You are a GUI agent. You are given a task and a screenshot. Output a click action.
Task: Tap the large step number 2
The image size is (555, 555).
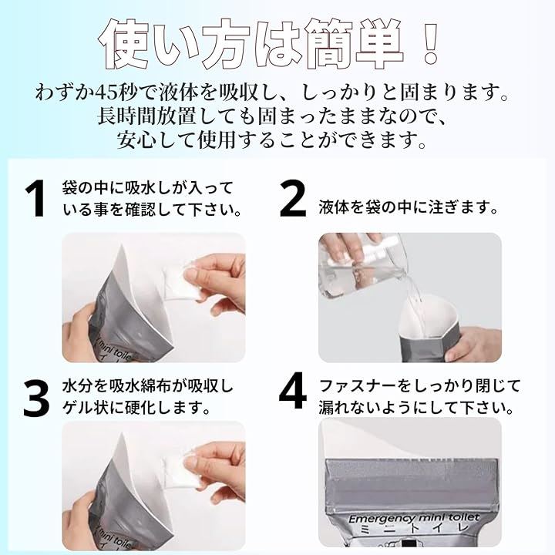coord(292,198)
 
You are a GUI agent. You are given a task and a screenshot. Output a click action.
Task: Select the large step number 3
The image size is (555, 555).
coord(36,399)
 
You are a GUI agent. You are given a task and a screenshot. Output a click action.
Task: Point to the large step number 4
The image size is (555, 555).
coord(293,391)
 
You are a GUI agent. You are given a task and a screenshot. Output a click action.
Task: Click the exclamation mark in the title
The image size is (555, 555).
coord(430,43)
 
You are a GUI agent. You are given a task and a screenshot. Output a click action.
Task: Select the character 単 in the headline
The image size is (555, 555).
coord(378,43)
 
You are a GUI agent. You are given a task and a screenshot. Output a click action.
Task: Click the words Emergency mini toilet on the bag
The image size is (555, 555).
coord(414,518)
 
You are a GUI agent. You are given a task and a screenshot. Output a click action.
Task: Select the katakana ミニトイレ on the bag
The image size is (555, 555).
coord(413,529)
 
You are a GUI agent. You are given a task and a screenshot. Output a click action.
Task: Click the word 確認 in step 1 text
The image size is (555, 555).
coord(140,209)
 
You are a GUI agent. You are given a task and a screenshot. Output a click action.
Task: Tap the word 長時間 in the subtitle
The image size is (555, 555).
coord(124,116)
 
